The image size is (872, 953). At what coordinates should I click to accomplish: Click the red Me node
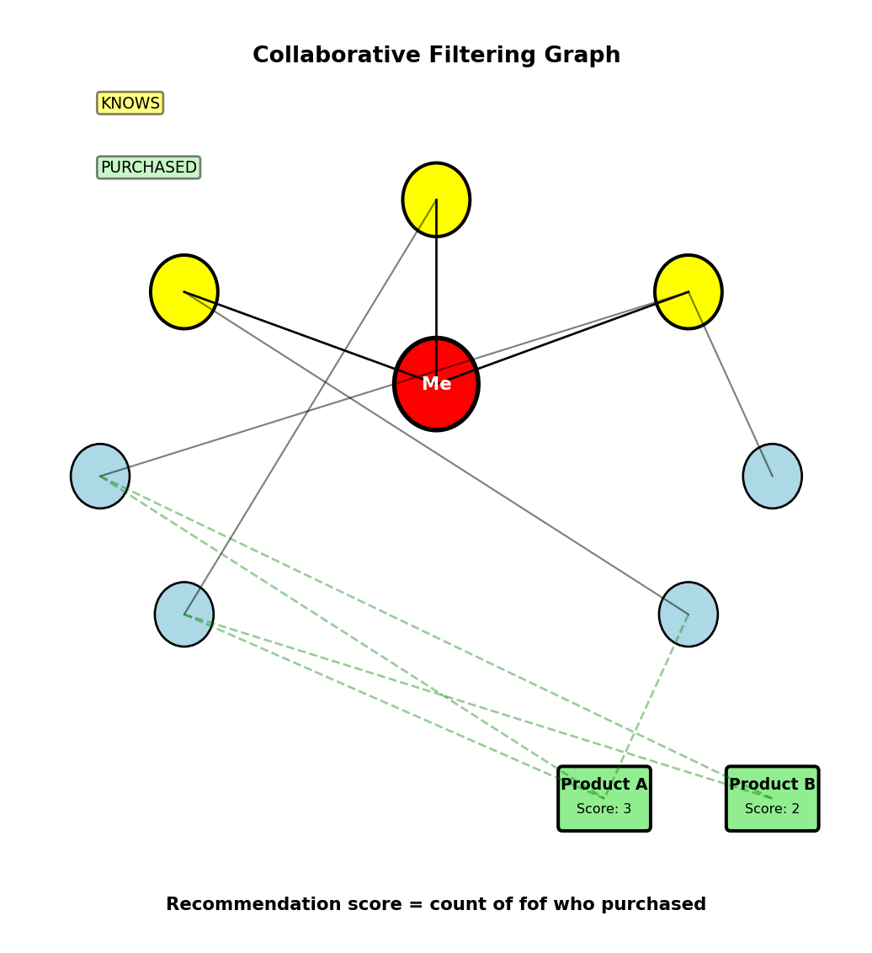(x=436, y=384)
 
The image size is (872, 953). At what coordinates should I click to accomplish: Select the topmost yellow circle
(x=436, y=200)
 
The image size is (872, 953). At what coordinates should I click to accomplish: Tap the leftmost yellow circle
(x=184, y=291)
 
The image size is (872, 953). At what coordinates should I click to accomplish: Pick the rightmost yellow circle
(x=689, y=291)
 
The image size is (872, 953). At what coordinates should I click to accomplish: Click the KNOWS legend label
(x=130, y=104)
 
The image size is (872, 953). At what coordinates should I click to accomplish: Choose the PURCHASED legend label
(x=148, y=168)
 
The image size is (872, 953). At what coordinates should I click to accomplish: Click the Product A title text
(x=604, y=785)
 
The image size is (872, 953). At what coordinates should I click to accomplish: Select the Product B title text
(x=772, y=785)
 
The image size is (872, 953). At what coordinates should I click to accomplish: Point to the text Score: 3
(x=604, y=809)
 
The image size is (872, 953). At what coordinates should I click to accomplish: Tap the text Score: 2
(x=772, y=809)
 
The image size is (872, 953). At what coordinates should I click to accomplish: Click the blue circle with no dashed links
(x=773, y=476)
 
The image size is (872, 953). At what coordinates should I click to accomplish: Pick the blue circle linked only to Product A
(x=689, y=615)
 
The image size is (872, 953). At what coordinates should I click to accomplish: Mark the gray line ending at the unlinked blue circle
(x=731, y=384)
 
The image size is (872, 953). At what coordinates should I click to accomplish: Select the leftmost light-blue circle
(x=100, y=476)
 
